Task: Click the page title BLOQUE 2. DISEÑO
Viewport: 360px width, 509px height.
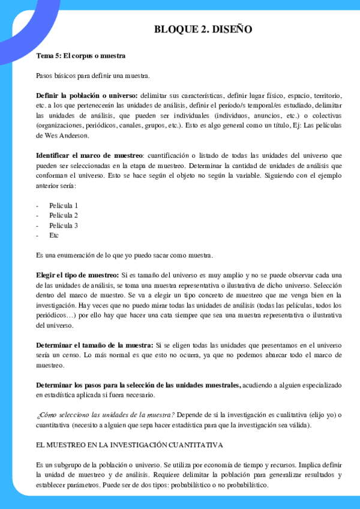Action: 203,29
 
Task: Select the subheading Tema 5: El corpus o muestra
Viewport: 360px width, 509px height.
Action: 80,56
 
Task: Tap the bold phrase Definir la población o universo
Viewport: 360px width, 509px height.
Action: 86,95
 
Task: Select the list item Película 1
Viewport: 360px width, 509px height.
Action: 64,205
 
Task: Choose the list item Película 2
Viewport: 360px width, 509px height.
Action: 64,215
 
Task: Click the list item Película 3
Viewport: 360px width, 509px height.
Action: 64,225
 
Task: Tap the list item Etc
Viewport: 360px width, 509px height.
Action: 54,235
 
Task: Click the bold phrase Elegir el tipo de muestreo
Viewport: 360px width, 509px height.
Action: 77,275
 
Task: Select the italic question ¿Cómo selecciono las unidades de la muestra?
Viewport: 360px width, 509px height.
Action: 105,414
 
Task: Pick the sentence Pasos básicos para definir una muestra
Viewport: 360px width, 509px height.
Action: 92,76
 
